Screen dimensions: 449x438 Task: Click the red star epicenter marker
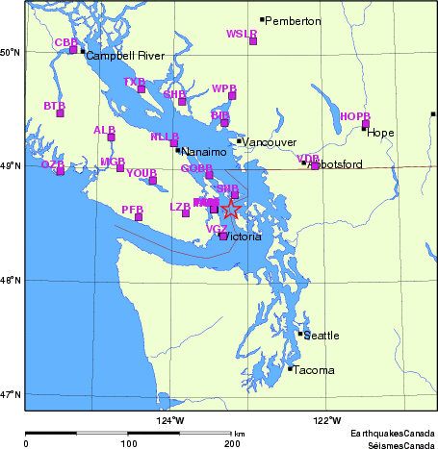231,209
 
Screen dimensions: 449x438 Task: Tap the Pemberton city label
294,20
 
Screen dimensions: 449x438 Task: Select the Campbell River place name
125,56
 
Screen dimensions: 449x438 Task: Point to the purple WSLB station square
253,41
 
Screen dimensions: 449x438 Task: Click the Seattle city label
322,336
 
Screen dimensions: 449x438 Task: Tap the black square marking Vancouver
239,141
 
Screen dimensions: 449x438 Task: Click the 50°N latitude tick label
11,52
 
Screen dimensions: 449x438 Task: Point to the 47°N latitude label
11,394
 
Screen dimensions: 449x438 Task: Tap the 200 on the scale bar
231,443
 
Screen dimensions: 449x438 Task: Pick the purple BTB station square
60,113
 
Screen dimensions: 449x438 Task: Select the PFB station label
132,209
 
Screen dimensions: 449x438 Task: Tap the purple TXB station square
142,89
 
